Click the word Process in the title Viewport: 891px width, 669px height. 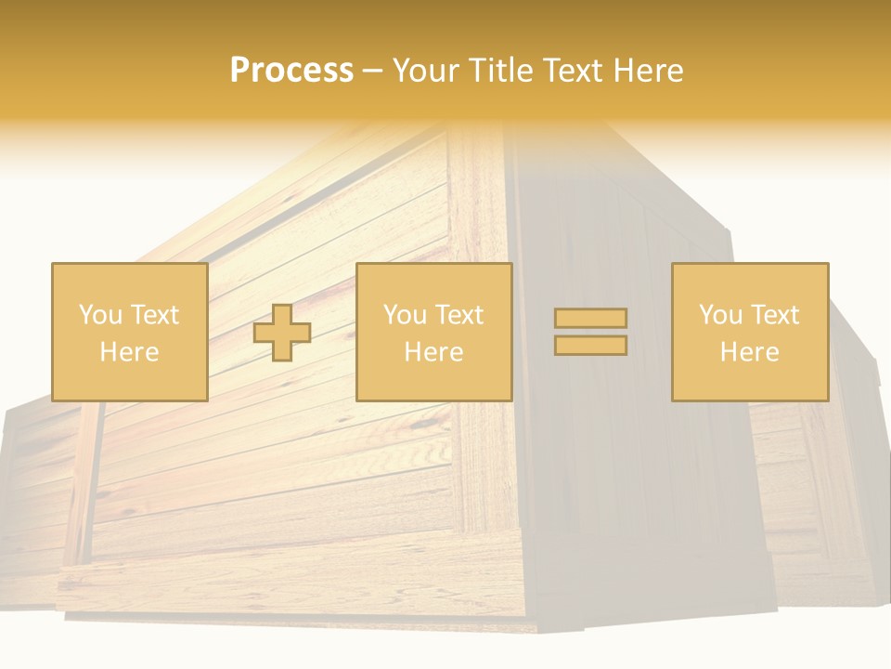(291, 71)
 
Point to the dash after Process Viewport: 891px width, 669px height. (373, 72)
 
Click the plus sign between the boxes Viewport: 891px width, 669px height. (282, 333)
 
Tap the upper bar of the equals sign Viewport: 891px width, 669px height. (590, 318)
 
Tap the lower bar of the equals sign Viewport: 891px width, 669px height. (590, 345)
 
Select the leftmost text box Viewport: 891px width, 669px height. (129, 332)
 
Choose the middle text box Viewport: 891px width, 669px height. (433, 332)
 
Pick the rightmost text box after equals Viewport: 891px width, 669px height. (750, 332)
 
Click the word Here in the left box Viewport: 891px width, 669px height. (129, 352)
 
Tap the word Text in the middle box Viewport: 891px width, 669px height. (459, 314)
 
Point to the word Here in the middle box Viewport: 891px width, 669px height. (433, 352)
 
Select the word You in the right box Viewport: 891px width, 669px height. (721, 314)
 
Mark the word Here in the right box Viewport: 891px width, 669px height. (750, 352)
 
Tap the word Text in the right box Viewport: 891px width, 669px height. (775, 314)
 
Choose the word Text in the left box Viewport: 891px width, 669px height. (154, 314)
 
